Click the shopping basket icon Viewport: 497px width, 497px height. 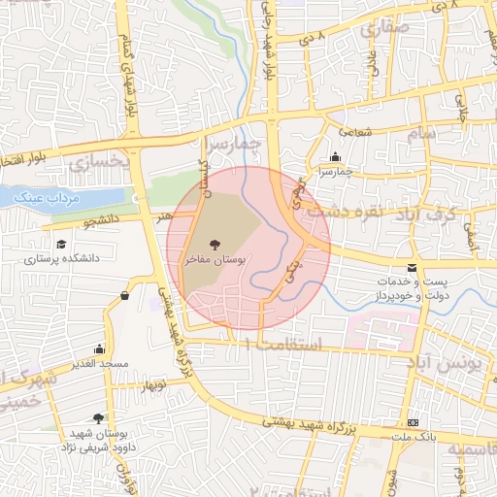tap(125, 295)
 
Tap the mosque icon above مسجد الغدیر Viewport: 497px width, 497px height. tap(99, 348)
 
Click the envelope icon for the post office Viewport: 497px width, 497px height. tap(414, 267)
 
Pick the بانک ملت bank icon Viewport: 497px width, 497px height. tap(414, 423)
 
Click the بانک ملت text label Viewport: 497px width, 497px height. tap(414, 438)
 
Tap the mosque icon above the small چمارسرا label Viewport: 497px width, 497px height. tap(336, 157)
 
